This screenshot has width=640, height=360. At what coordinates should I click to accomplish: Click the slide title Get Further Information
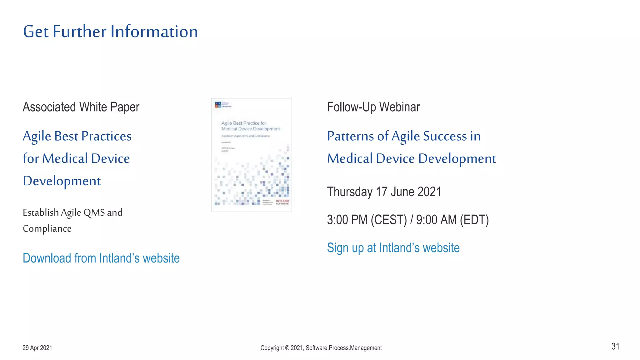110,32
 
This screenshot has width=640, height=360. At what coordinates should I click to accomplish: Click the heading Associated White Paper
81,107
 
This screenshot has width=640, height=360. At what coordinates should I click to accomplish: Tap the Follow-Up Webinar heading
373,107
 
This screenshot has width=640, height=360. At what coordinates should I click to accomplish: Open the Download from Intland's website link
101,258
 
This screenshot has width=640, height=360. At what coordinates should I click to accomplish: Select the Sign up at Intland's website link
393,248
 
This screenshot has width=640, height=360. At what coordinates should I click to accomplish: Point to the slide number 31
615,346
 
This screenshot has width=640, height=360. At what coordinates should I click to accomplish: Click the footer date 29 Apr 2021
37,348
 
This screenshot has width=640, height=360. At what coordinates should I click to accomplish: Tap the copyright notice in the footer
321,348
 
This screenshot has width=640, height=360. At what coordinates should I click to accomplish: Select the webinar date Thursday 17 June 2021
384,192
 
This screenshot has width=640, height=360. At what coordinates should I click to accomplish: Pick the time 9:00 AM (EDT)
452,220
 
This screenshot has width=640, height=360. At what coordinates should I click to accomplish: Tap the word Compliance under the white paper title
47,229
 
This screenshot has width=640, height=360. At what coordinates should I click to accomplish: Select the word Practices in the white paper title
106,136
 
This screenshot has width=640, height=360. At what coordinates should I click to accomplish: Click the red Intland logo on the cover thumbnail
282,202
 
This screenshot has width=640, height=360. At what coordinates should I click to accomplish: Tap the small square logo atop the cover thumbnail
218,105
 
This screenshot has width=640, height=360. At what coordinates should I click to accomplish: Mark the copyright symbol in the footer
287,348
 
